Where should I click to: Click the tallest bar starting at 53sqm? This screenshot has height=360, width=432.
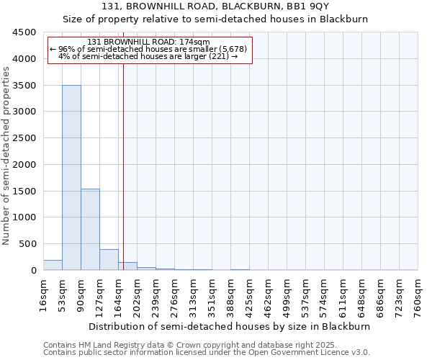pos(71,177)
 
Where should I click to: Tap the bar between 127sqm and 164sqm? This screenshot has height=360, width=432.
pos(109,259)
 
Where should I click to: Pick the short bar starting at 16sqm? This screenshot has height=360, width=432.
pos(53,265)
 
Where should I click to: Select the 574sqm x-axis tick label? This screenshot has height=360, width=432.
pos(325,294)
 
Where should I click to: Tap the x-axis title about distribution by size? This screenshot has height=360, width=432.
pos(230,326)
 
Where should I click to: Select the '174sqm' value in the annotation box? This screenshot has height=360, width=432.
pos(194,42)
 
